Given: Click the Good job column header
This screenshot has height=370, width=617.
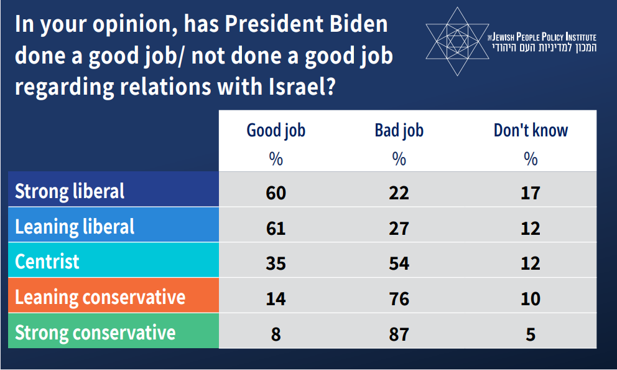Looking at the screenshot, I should click(x=276, y=130).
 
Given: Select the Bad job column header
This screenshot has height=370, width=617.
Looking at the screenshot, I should click(x=399, y=130).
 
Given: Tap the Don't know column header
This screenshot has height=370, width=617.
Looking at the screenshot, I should click(x=531, y=130).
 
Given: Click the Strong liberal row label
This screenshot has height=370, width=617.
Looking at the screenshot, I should click(x=70, y=191).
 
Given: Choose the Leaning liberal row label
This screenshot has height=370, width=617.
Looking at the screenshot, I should click(x=75, y=226).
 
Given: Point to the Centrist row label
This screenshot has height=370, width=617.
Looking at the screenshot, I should click(x=47, y=261).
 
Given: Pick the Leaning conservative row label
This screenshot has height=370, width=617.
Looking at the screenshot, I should click(x=100, y=296).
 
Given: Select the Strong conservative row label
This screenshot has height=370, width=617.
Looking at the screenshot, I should click(x=95, y=332).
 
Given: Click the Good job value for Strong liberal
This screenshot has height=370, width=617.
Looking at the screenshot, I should click(x=276, y=192).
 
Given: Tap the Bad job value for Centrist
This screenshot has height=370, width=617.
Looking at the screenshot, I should click(x=399, y=263).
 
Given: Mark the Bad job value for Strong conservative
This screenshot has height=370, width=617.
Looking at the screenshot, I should click(x=399, y=334).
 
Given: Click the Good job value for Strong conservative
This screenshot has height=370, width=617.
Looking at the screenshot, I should click(x=276, y=334).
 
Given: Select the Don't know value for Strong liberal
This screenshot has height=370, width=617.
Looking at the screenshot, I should click(x=531, y=192).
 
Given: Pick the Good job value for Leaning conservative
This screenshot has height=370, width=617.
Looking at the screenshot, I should click(x=276, y=298).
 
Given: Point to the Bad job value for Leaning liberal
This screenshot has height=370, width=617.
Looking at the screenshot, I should click(x=399, y=228).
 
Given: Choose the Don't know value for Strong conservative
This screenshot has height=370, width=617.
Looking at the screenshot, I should click(x=531, y=334).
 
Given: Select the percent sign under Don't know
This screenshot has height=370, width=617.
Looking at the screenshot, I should click(x=531, y=159).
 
